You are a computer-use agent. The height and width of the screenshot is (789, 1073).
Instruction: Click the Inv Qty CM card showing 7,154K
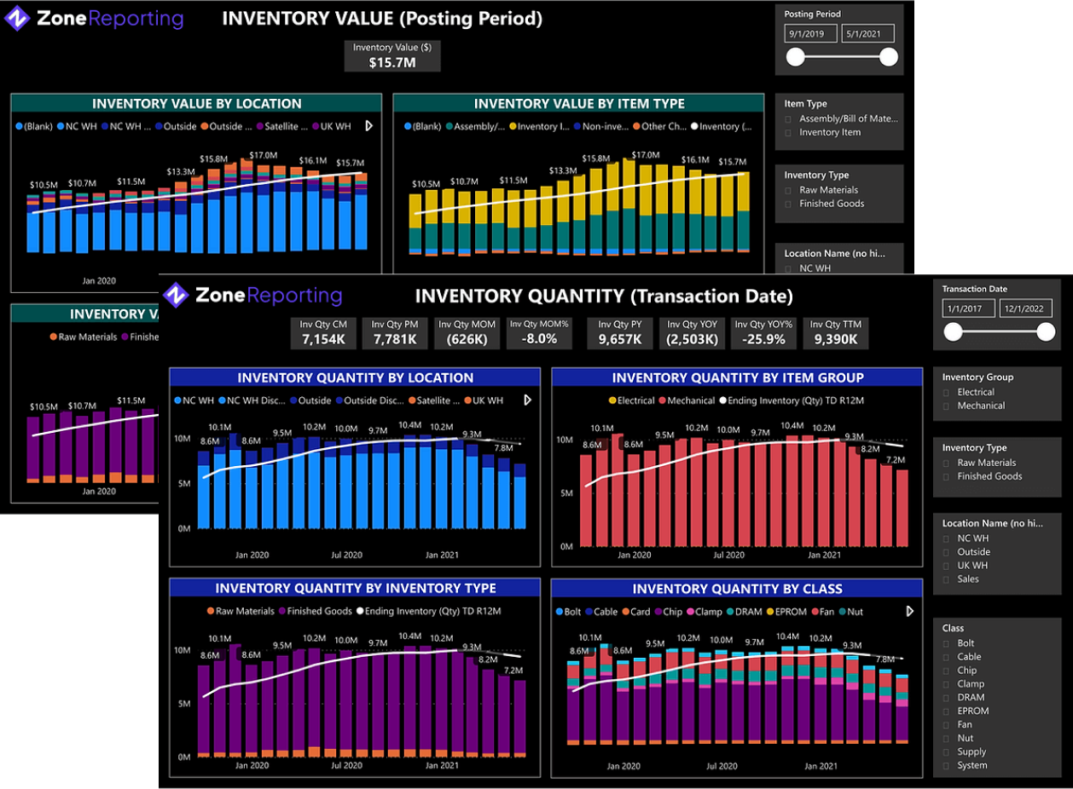(x=323, y=332)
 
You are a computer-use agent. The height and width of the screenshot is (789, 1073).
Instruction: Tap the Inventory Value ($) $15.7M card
(x=392, y=55)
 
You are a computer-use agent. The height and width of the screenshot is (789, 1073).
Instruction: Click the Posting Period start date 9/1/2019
(x=809, y=34)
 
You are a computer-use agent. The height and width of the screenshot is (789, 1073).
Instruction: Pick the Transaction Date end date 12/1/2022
(x=1025, y=308)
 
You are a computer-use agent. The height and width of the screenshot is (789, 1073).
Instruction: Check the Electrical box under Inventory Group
(x=948, y=392)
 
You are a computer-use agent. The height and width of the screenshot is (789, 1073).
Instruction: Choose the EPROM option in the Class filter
(x=948, y=711)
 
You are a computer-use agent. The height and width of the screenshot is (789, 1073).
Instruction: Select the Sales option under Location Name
(x=948, y=579)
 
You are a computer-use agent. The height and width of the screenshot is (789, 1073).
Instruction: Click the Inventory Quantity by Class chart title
(x=737, y=589)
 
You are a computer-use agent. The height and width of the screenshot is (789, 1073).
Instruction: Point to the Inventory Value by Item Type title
(x=579, y=104)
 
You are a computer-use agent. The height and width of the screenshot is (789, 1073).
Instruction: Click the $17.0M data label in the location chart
(x=263, y=156)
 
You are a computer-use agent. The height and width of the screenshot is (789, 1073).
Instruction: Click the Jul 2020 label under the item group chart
(x=729, y=555)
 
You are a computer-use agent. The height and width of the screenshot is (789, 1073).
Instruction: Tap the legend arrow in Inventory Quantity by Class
(x=909, y=611)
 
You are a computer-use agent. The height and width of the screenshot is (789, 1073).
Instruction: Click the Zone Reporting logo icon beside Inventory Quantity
(x=175, y=295)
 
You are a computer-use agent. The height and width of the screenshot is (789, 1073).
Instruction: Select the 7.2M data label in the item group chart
(x=896, y=460)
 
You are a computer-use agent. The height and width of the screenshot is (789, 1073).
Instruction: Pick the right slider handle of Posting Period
(x=889, y=57)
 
